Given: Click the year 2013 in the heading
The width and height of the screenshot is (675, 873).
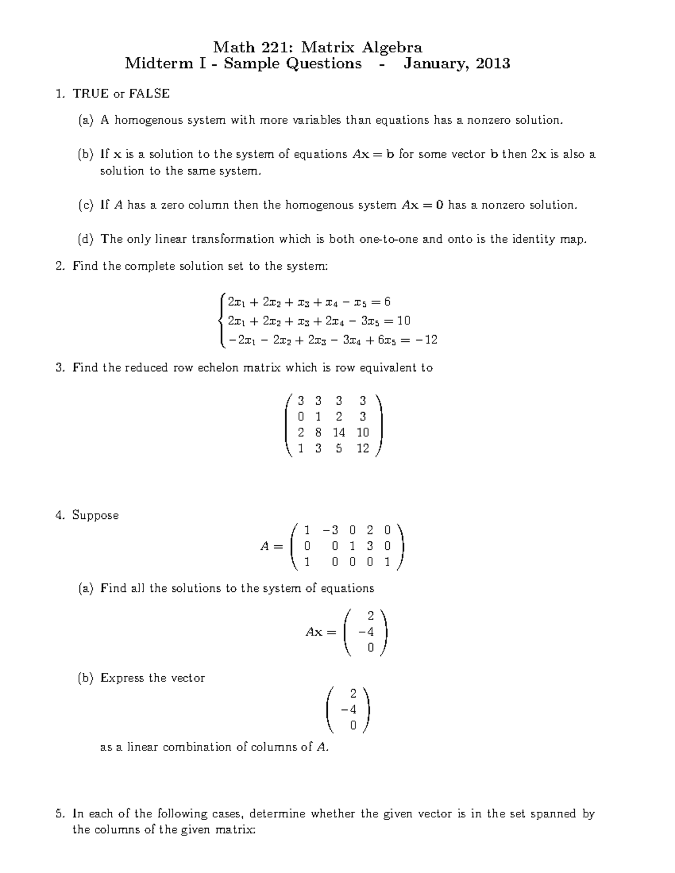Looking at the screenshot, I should pyautogui.click(x=493, y=64).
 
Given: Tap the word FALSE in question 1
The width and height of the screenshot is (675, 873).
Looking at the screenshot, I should pyautogui.click(x=149, y=93).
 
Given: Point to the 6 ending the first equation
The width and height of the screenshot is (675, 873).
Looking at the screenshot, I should pyautogui.click(x=387, y=302).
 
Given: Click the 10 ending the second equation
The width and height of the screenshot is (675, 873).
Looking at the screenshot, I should pyautogui.click(x=403, y=320).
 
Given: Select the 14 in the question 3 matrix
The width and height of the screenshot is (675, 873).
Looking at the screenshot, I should pyautogui.click(x=339, y=432).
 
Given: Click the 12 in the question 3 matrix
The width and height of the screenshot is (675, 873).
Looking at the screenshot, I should pyautogui.click(x=363, y=448).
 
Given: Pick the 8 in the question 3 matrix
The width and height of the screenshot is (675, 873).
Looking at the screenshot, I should pyautogui.click(x=318, y=432).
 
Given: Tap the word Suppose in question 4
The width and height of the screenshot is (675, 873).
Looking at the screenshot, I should pyautogui.click(x=96, y=515).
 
